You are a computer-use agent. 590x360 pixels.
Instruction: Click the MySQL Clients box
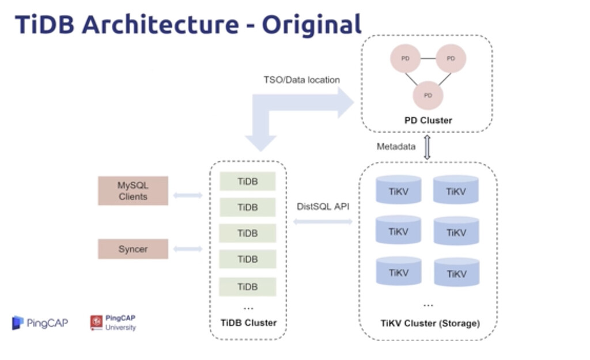[x=133, y=191]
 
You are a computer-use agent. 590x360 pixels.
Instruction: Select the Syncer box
[x=133, y=249]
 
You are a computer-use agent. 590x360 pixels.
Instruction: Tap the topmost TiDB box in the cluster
[x=247, y=181]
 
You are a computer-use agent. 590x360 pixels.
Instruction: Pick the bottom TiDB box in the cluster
[x=247, y=286]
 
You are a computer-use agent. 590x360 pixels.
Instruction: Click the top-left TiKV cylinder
[x=398, y=191]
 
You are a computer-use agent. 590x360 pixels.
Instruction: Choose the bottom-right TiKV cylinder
[x=456, y=272]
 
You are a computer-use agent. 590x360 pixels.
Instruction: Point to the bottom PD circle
[x=428, y=95]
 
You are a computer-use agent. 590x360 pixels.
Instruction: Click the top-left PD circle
[x=405, y=58]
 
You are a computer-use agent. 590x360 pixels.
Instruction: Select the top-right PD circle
[x=451, y=58]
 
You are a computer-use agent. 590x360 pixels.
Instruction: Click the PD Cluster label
[x=428, y=120]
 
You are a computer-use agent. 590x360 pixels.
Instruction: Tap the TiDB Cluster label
[x=248, y=323]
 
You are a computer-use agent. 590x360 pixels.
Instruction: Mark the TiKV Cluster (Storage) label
[x=430, y=323]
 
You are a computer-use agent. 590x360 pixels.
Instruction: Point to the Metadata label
[x=396, y=146]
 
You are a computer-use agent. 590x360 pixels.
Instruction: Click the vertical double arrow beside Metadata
[x=427, y=147]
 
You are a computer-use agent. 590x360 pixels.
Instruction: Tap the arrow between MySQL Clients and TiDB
[x=188, y=195]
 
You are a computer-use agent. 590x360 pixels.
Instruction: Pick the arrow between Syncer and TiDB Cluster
[x=188, y=249]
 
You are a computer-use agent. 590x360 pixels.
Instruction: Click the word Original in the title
[x=312, y=25]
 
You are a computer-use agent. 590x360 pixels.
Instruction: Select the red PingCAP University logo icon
[x=96, y=323]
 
